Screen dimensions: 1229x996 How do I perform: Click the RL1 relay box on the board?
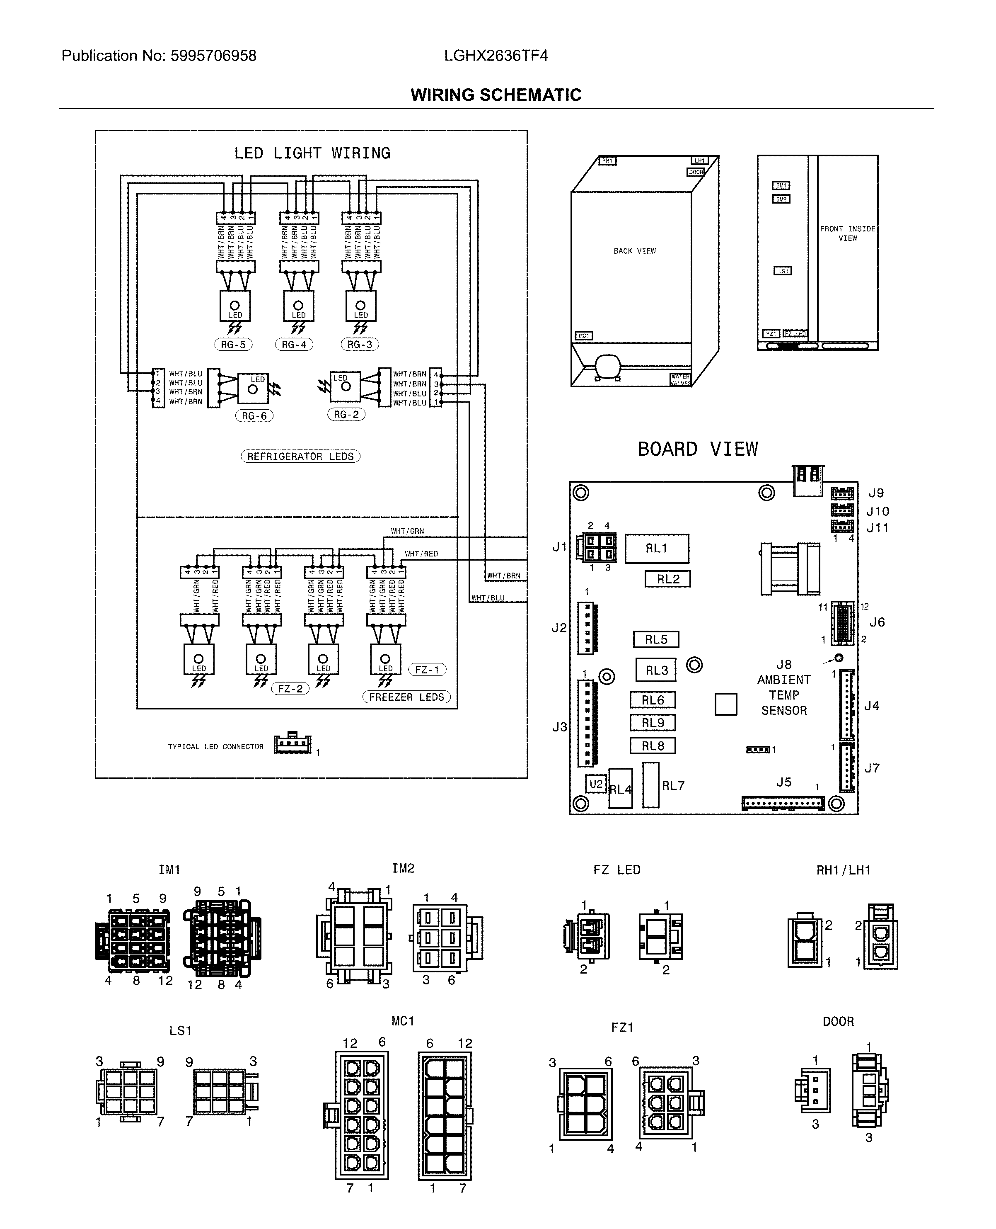point(656,548)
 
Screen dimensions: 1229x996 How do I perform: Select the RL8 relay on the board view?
point(653,746)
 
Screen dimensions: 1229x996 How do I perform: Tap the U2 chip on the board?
point(596,784)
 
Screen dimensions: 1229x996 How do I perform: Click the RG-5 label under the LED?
point(233,345)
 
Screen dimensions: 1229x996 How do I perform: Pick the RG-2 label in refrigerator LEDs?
point(346,415)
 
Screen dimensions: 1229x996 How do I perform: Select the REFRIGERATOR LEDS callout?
point(300,457)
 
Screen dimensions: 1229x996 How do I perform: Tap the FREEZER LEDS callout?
point(406,697)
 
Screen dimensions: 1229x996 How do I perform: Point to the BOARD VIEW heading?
point(698,449)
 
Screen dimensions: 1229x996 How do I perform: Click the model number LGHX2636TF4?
point(496,56)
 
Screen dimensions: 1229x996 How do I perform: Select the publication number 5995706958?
point(213,56)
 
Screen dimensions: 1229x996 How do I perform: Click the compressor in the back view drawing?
point(607,366)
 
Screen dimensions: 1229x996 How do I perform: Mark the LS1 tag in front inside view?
point(783,271)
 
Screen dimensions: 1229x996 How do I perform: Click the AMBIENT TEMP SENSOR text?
point(784,695)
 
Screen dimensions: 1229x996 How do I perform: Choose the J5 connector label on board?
point(784,782)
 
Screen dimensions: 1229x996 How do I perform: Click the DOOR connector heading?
point(838,1021)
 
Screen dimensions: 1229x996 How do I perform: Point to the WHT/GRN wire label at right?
point(407,531)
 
